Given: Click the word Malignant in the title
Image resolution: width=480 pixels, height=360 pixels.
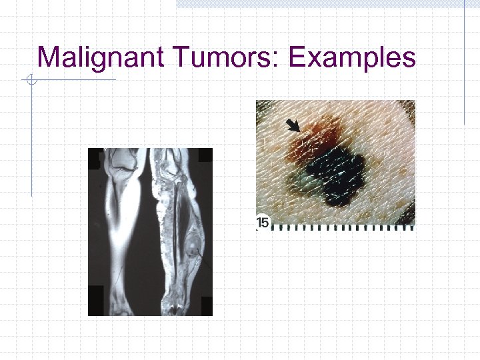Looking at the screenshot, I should coord(99,58).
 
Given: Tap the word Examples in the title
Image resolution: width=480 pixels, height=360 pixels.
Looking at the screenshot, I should coord(352,58).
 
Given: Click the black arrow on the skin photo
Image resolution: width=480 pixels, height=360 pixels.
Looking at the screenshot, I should coord(292,125).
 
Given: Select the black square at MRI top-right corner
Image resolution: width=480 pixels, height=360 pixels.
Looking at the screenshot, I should coord(205,155).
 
